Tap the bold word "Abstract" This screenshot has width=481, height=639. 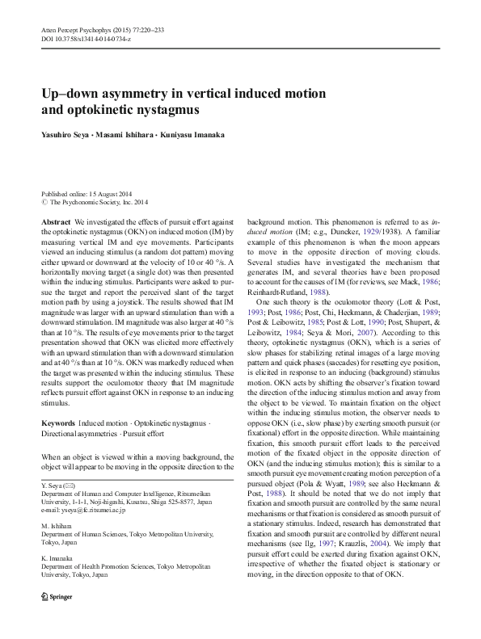tap(56, 221)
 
